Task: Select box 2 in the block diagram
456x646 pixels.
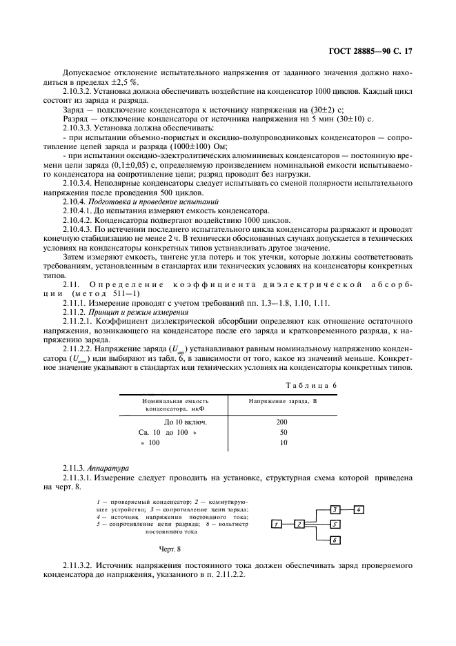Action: click(300, 525)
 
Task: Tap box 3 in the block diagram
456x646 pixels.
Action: click(334, 509)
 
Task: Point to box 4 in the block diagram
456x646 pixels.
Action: click(359, 509)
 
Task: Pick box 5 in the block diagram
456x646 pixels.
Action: click(334, 525)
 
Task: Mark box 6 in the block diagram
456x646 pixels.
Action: click(334, 540)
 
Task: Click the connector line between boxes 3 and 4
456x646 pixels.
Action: click(347, 509)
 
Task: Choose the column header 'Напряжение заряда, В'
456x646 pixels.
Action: click(277, 400)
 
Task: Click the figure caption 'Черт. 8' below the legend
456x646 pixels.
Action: click(170, 549)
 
